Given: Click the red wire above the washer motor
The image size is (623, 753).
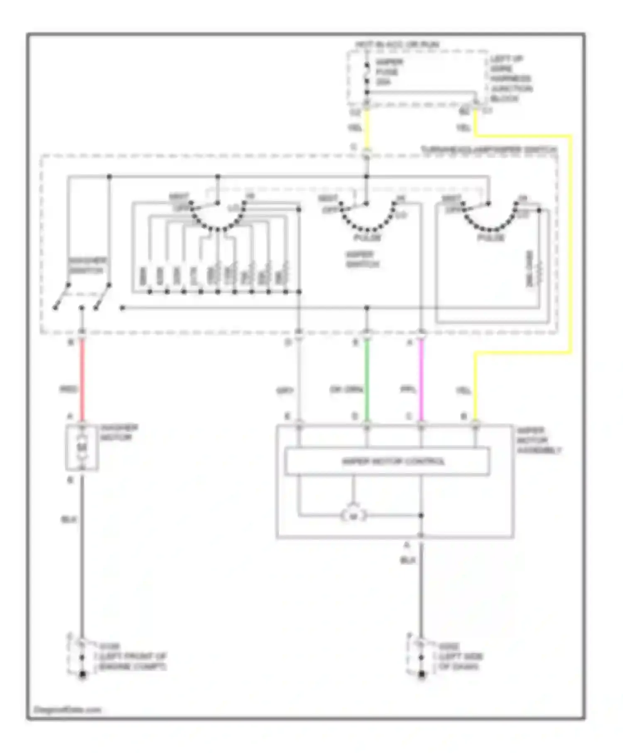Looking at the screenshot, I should click(82, 378).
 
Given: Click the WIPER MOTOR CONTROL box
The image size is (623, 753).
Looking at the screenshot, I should click(387, 461).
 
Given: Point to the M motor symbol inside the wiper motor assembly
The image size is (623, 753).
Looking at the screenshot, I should click(353, 516).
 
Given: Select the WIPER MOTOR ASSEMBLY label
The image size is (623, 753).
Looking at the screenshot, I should click(539, 440).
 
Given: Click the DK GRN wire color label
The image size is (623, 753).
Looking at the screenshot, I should click(346, 390).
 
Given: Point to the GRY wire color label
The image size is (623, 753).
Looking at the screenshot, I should click(285, 391).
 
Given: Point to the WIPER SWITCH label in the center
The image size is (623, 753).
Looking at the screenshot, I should click(362, 259).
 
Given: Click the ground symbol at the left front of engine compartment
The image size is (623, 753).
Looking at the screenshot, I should click(82, 675).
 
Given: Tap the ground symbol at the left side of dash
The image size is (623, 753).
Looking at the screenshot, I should click(422, 675).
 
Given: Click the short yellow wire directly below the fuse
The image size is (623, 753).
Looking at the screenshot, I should click(367, 129).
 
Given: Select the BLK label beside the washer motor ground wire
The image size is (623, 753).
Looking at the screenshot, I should click(69, 519).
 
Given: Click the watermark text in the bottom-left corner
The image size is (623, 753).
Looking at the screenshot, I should click(67, 709).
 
